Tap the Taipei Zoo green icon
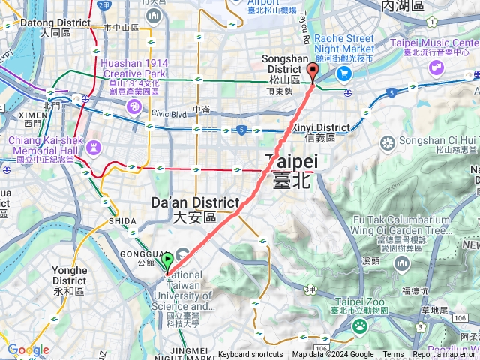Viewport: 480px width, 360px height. point(360,325)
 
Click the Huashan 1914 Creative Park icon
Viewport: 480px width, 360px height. point(133,108)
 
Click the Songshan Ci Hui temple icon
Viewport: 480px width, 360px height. point(388,142)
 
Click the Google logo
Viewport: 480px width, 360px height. point(28,349)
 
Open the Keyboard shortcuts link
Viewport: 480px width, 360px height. point(250,355)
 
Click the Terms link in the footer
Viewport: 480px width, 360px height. point(393,355)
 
